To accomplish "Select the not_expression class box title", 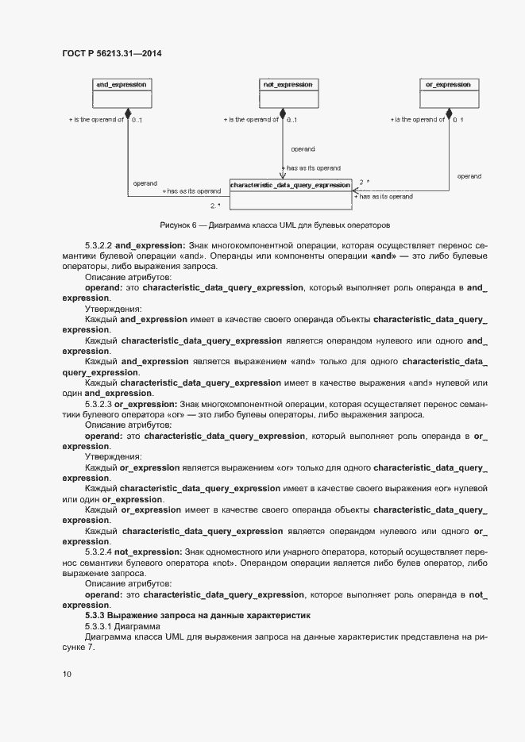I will click(x=287, y=84).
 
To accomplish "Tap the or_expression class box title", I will click(x=448, y=84).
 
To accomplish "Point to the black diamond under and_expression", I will click(x=127, y=115).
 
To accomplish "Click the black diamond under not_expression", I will click(x=284, y=115).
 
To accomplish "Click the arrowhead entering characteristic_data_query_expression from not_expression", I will click(x=284, y=175).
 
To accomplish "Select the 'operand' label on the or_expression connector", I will click(x=469, y=176).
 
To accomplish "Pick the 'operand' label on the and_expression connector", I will click(x=145, y=183).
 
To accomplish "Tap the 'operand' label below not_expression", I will click(x=303, y=149).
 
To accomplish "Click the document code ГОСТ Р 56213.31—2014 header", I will click(x=112, y=53).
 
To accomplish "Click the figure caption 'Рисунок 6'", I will click(x=180, y=225).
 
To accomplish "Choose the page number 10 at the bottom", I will click(x=67, y=675).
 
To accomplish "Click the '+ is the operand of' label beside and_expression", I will click(x=96, y=120).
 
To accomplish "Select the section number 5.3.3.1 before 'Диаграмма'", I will click(x=100, y=626).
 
